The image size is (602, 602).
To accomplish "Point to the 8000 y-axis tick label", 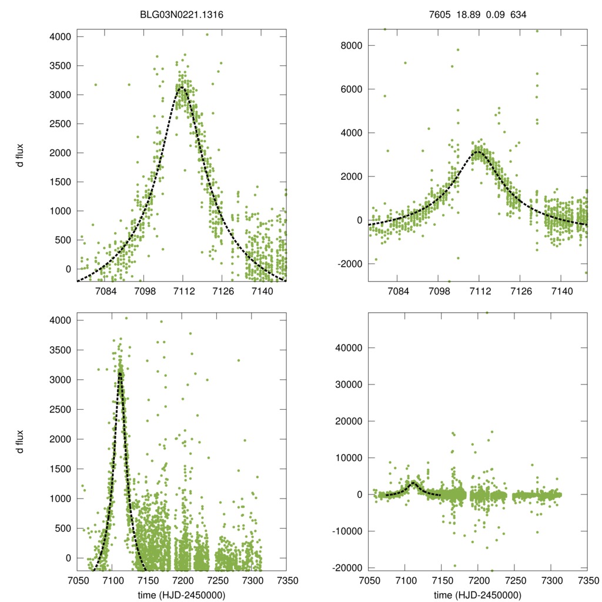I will (351, 46).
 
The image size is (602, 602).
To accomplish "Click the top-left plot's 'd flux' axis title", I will (20, 156).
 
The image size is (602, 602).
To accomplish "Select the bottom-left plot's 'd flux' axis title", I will (20, 440).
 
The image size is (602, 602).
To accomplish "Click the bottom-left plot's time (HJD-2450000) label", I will (182, 595).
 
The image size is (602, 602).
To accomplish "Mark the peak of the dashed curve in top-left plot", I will (182, 87).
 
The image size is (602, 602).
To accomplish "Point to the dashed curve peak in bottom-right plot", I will (413, 482).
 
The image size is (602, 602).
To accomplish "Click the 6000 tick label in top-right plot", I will (351, 89).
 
